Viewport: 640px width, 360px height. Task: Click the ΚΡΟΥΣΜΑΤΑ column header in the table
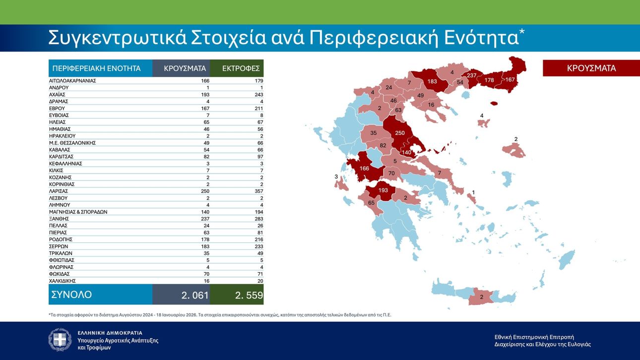pyautogui.click(x=181, y=68)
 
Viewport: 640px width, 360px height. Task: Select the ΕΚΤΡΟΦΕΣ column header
pyautogui.click(x=237, y=68)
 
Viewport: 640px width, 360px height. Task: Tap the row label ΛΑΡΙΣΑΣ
pyautogui.click(x=59, y=191)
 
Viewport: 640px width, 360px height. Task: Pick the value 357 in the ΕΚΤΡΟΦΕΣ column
pyautogui.click(x=257, y=191)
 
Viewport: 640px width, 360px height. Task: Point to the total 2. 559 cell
pyautogui.click(x=248, y=295)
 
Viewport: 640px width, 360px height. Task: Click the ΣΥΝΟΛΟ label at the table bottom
pyautogui.click(x=71, y=295)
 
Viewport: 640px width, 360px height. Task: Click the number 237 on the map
pyautogui.click(x=471, y=76)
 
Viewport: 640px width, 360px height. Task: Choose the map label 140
pyautogui.click(x=406, y=153)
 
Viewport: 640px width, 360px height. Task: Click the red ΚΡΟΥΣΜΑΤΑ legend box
pyautogui.click(x=591, y=68)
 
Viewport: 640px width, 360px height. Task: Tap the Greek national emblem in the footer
pyautogui.click(x=60, y=340)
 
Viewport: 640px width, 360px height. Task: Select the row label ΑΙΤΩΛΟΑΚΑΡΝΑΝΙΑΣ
pyautogui.click(x=72, y=80)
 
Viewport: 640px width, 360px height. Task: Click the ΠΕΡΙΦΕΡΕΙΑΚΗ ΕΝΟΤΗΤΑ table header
pyautogui.click(x=96, y=68)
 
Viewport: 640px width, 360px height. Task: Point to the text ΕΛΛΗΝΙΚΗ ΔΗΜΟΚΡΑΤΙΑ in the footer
pyautogui.click(x=110, y=333)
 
